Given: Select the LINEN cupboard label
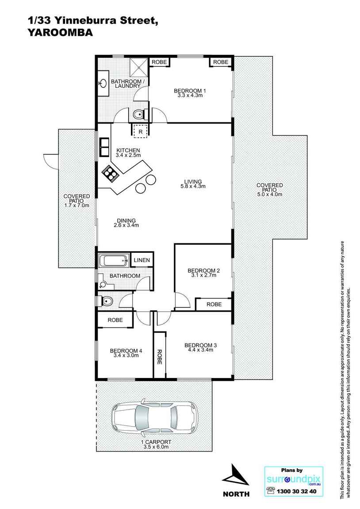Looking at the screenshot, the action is (x=142, y=260).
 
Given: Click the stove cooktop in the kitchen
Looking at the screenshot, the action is (x=110, y=172).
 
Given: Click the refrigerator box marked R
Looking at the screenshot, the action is (x=141, y=131).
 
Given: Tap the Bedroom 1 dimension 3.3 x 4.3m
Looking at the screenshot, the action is (x=190, y=96).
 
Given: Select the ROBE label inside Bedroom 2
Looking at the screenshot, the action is (x=214, y=304).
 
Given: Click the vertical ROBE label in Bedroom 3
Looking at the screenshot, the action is (x=159, y=357).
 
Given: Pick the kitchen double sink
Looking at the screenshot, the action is (x=104, y=147).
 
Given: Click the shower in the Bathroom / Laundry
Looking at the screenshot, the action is (x=139, y=67).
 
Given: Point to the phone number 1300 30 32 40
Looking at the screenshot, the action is (x=296, y=491).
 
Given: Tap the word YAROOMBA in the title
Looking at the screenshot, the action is (x=60, y=32).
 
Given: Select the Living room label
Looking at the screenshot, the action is (x=193, y=181).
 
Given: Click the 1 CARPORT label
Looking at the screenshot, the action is (x=156, y=442).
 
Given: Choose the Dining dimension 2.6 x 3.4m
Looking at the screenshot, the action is (x=126, y=225).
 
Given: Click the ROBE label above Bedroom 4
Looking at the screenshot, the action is (x=115, y=320).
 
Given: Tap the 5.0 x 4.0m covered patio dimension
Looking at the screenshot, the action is (x=269, y=194).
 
